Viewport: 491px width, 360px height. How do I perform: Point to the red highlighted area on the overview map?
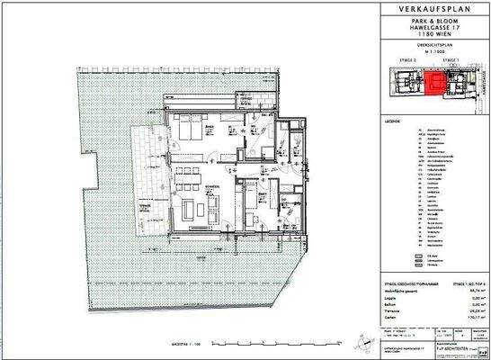point(434,85)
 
